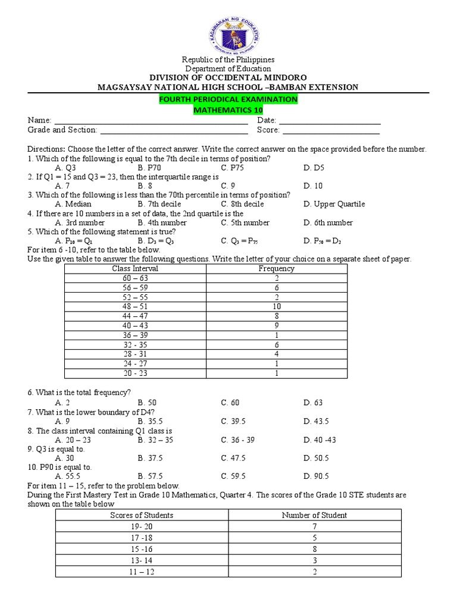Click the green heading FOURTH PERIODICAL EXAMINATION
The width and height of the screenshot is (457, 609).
[x=228, y=99]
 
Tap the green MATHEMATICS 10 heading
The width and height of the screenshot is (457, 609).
[x=228, y=110]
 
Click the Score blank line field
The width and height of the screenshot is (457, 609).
[x=330, y=131]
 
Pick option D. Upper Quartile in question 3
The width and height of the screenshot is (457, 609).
[x=334, y=204]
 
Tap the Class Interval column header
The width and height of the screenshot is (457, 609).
[x=135, y=269]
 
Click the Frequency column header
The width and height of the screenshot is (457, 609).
[x=276, y=269]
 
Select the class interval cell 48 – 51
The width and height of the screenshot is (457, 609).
[x=135, y=306]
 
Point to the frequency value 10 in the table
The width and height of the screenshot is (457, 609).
[x=276, y=306]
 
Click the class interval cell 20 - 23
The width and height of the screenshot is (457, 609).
[x=135, y=373]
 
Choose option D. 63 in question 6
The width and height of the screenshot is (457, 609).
[x=313, y=403]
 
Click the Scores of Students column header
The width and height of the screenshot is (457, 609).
[x=142, y=515]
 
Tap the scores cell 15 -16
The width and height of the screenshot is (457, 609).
[x=142, y=549]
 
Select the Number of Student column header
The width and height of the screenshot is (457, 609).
[x=314, y=515]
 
